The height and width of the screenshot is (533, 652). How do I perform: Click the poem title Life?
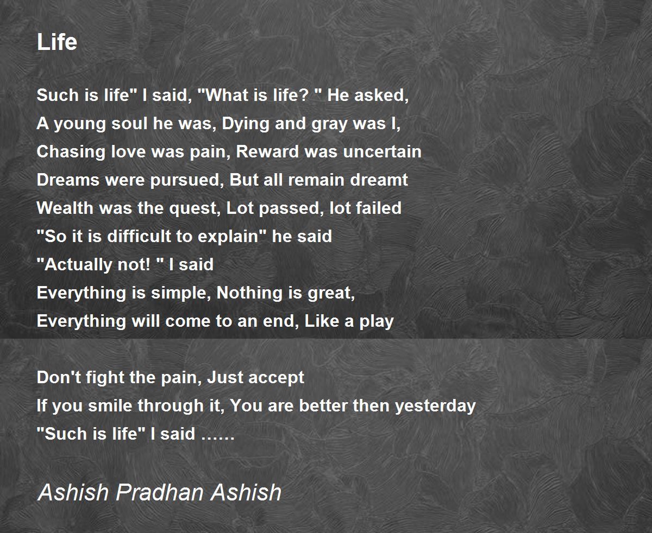point(57,42)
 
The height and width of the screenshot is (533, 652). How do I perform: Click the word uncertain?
point(382,151)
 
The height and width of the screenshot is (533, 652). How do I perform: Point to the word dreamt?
point(379,180)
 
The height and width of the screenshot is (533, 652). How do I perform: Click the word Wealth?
point(65,208)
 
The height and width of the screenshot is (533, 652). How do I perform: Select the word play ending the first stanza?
point(376,322)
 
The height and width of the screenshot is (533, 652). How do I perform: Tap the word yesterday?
point(436,407)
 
